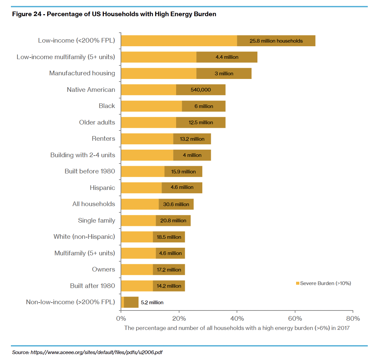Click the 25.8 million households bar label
(276, 41)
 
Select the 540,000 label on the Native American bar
(201, 90)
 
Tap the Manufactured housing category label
(82, 73)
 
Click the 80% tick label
(353, 318)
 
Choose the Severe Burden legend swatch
(297, 283)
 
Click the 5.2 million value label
(152, 303)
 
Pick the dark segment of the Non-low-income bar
(131, 302)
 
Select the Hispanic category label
(102, 188)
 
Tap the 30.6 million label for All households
(176, 204)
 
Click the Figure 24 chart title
(114, 14)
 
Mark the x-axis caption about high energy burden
(237, 328)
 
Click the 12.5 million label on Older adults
(201, 123)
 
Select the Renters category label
(103, 139)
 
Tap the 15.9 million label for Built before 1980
(183, 172)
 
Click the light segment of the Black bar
(151, 106)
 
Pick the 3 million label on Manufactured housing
(224, 74)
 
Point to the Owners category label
(103, 270)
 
